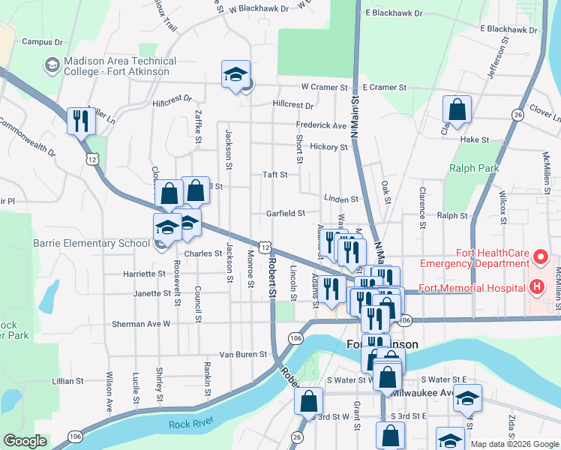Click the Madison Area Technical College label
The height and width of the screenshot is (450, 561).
[x=120, y=66]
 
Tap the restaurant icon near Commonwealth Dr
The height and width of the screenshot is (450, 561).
[x=79, y=121]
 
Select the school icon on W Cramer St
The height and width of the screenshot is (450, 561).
[x=235, y=75]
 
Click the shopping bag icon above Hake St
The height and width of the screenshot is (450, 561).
[x=456, y=110]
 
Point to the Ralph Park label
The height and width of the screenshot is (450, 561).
[x=474, y=169]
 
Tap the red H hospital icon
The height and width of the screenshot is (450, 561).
[x=537, y=287]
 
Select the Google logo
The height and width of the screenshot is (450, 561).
[x=25, y=441]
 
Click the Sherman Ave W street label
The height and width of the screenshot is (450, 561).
[x=142, y=324]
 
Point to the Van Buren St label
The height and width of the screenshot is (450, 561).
[x=243, y=354]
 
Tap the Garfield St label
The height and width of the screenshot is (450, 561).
[x=286, y=213]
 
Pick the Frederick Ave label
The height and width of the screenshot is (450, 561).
[x=321, y=125]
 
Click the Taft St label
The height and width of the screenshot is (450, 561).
[x=275, y=175]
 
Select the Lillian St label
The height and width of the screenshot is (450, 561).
[x=67, y=381]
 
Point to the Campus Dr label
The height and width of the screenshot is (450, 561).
[x=41, y=42]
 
